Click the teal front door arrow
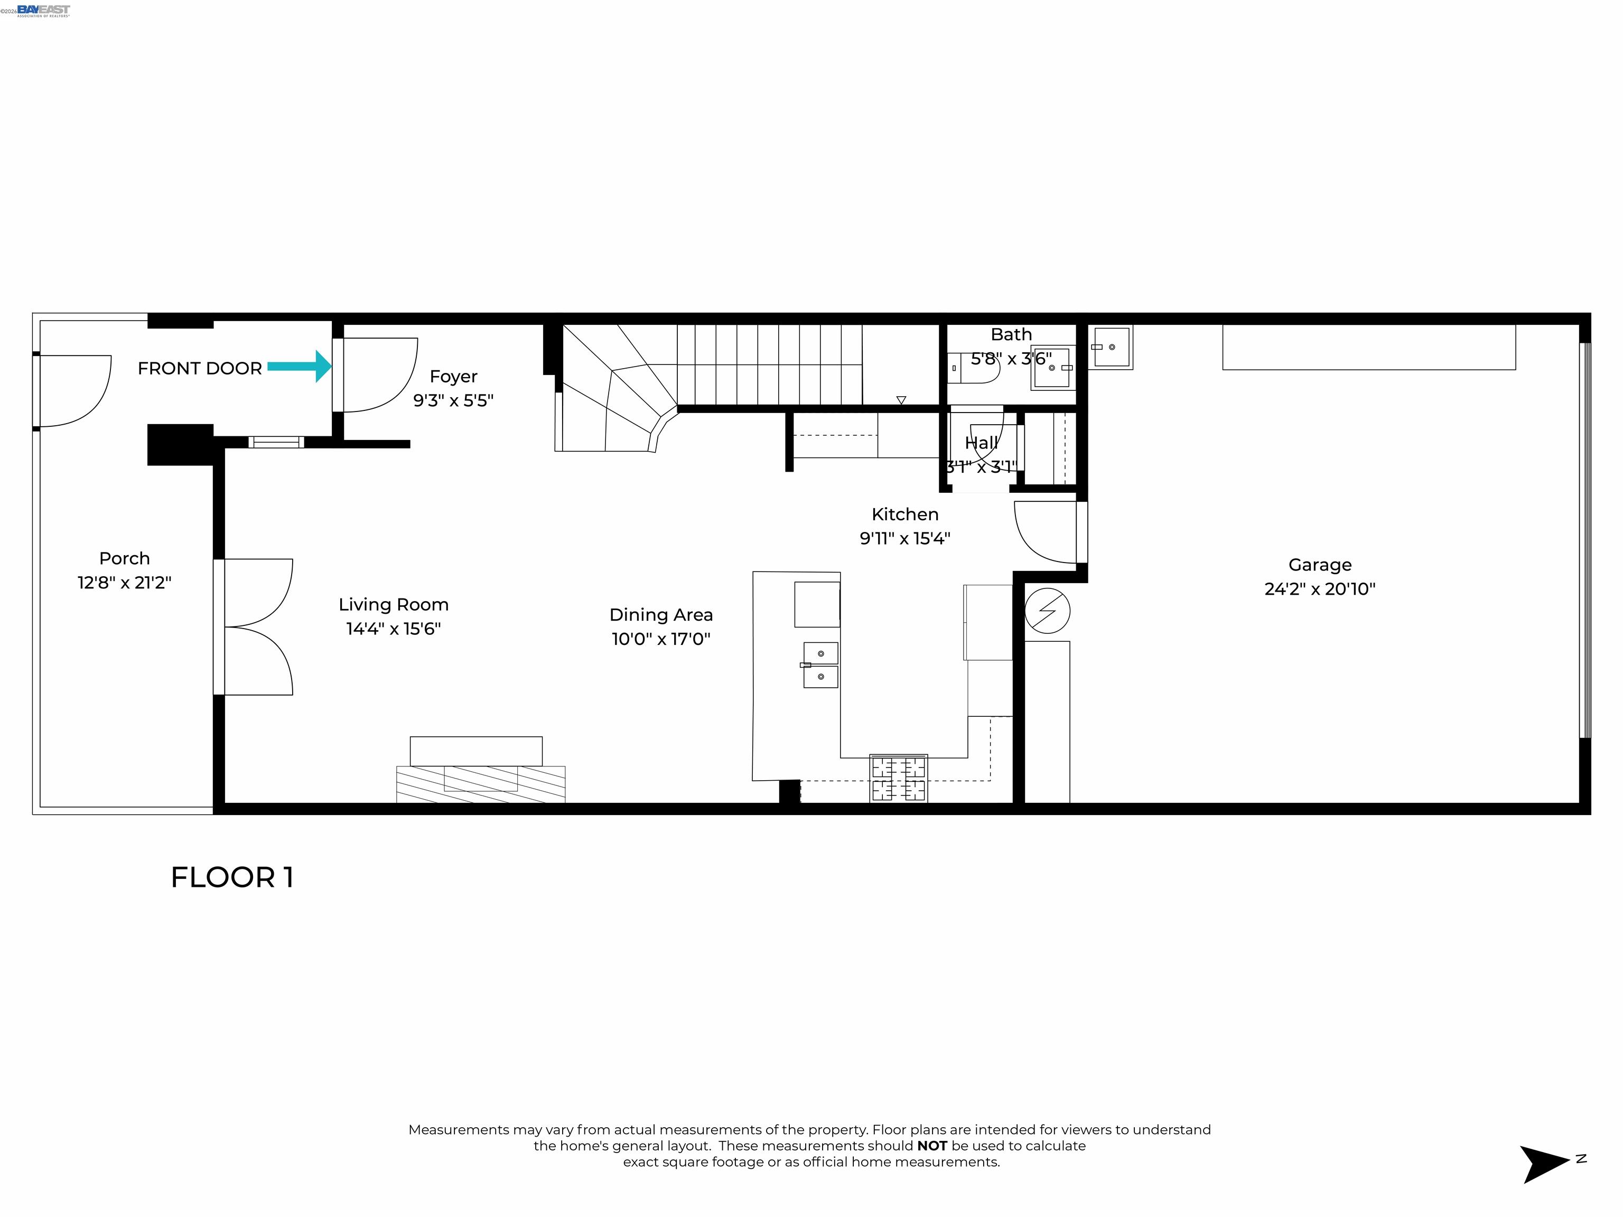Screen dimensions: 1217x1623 coord(300,366)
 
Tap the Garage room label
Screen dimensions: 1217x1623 coord(1319,565)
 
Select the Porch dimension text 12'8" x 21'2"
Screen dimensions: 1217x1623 coord(125,583)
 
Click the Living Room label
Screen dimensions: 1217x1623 coord(393,604)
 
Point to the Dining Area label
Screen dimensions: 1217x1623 coord(660,615)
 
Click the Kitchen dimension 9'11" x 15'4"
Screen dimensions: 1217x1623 coord(904,538)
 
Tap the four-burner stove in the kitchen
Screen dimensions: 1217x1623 coord(898,779)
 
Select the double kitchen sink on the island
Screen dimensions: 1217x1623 coord(820,664)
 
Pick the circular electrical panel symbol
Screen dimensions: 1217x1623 coord(1047,610)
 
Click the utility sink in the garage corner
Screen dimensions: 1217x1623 coord(1110,347)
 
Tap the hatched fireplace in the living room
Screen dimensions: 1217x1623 coord(481,783)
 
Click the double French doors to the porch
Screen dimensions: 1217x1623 coord(257,627)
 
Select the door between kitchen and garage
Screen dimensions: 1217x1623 coord(1048,532)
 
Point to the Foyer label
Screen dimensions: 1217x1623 coord(453,376)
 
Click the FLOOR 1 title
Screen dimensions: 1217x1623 coord(232,877)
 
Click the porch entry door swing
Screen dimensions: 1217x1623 coord(73,390)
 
